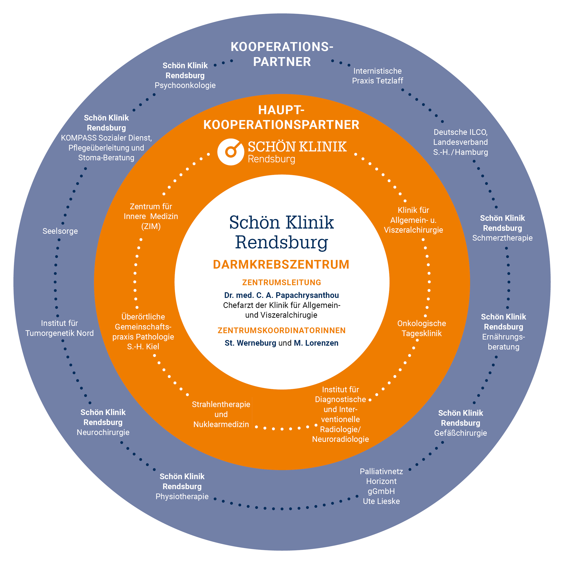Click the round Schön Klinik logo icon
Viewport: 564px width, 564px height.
click(231, 152)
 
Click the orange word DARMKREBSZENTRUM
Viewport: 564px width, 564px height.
click(281, 264)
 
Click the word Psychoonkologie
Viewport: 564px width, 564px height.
click(185, 85)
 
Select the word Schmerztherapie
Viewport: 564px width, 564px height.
click(502, 238)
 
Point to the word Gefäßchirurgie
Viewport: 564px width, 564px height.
click(460, 433)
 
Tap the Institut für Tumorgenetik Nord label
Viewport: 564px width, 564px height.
click(60, 328)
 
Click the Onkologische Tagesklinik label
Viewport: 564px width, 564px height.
click(422, 328)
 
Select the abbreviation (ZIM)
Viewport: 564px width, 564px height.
click(151, 226)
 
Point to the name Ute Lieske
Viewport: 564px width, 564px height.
click(381, 501)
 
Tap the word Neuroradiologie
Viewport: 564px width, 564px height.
click(340, 439)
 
